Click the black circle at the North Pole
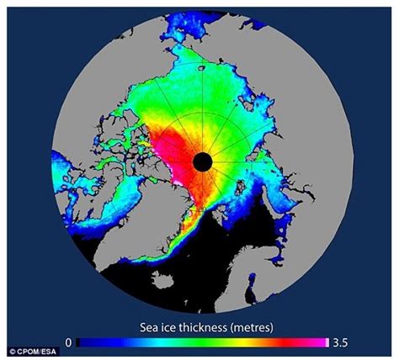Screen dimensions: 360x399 (202, 161)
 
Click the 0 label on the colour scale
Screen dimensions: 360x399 (68, 343)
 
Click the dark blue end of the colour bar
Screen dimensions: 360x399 (82, 343)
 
